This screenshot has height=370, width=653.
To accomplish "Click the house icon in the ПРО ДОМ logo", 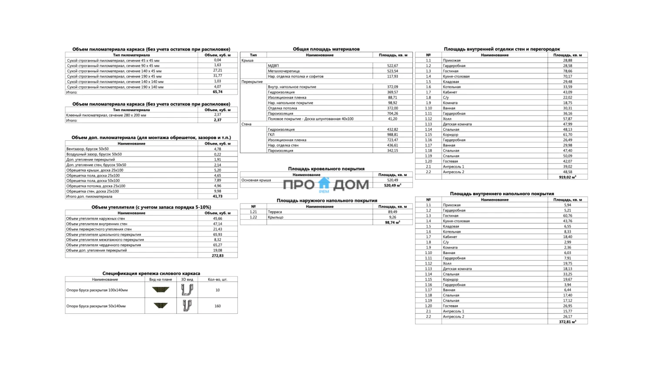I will [324, 184].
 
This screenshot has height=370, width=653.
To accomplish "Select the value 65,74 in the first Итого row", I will [218, 92].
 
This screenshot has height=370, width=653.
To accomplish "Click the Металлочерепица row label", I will [284, 71].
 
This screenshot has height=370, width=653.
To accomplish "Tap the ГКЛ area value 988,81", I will [393, 135].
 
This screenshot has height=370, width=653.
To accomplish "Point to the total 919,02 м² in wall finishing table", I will [567, 177].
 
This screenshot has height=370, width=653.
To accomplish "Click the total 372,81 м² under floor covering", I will [567, 322].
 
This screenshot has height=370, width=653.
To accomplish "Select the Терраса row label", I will [275, 212].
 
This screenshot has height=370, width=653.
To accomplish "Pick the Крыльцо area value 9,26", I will [393, 217].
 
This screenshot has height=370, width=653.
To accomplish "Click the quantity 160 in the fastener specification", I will [218, 306].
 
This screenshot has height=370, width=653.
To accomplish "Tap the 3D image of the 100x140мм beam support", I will [187, 290].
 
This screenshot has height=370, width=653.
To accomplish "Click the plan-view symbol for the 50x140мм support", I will [161, 306].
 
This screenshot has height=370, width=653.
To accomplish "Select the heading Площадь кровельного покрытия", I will [326, 169].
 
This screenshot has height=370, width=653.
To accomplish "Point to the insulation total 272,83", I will [218, 256].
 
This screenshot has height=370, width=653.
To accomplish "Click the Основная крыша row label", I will [256, 180].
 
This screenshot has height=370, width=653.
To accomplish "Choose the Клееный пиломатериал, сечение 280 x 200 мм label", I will [106, 115].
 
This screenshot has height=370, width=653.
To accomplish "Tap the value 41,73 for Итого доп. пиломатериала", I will [218, 197].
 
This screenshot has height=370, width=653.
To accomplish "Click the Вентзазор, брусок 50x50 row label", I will [88, 149].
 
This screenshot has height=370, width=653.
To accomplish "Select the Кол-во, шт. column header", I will [218, 279].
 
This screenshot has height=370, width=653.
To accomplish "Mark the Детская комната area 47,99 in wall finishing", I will [567, 124].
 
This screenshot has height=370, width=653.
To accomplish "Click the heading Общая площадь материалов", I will [326, 49].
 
